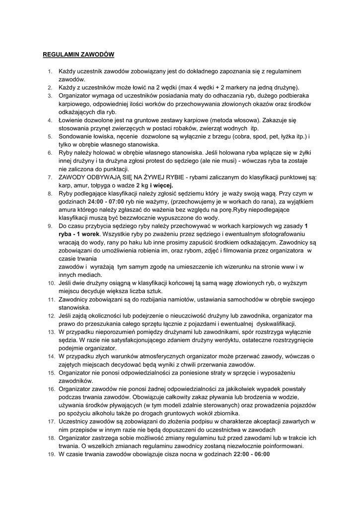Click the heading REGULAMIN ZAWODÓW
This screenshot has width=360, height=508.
click(x=78, y=54)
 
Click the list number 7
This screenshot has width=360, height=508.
click(x=50, y=177)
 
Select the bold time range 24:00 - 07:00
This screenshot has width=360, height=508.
click(x=106, y=201)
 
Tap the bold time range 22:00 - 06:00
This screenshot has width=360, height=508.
click(x=251, y=453)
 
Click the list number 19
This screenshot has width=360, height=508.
click(x=51, y=454)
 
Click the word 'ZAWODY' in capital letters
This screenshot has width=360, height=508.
click(x=74, y=177)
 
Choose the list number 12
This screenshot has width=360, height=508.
click(x=51, y=316)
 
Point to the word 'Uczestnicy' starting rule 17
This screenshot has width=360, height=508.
click(x=76, y=421)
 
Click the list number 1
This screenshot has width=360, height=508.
click(x=50, y=72)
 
